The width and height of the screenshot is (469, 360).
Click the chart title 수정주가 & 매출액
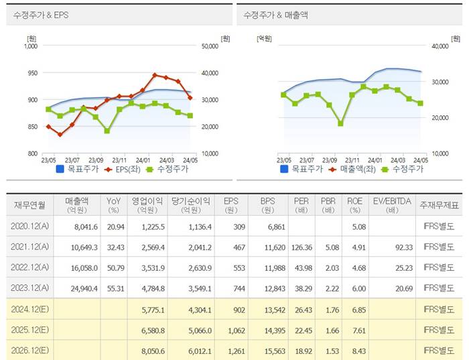pos(271,14)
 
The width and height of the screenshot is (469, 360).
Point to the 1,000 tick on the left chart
pos(29,46)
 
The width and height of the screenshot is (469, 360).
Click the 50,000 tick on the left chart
pos(210,46)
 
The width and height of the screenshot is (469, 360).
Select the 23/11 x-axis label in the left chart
pos(119,160)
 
